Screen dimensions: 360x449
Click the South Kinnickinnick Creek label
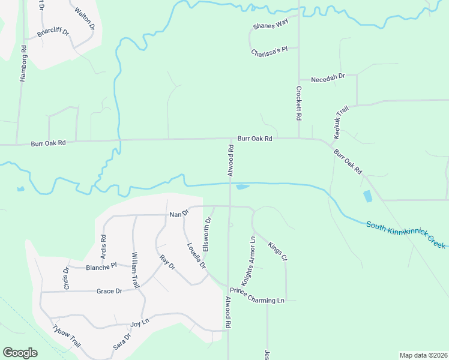tap(406, 235)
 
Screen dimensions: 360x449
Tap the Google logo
tap(20, 352)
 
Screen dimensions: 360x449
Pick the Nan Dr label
tap(179, 214)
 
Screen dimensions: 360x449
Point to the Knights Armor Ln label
tap(249, 261)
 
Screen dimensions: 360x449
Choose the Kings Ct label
tap(278, 250)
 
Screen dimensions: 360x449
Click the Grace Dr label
tap(109, 291)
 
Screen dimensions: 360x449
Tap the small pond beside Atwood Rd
tap(242, 187)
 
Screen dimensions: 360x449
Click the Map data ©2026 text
tap(423, 355)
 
